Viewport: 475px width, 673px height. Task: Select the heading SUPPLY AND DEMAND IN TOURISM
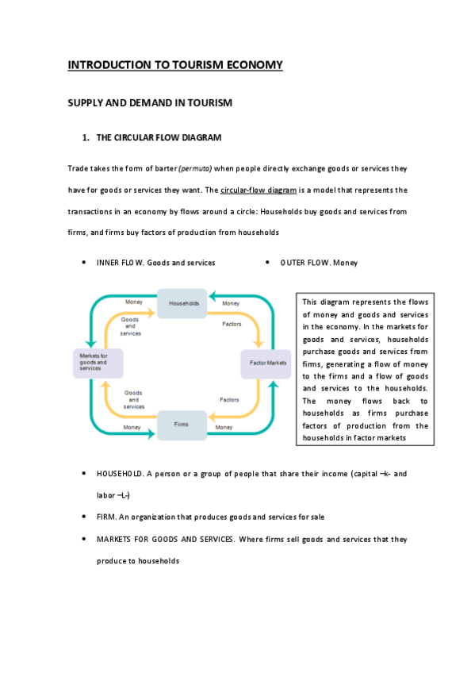149,103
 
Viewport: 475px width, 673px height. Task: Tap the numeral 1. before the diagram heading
86,137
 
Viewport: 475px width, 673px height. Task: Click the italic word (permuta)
195,169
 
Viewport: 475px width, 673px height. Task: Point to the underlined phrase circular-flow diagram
258,190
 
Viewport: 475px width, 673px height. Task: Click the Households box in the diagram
183,303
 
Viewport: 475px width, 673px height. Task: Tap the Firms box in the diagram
182,425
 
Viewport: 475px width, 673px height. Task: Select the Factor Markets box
267,363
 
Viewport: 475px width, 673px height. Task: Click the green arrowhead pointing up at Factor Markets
275,384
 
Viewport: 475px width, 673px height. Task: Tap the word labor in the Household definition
105,495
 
